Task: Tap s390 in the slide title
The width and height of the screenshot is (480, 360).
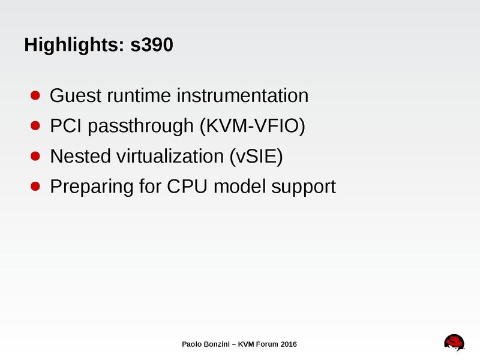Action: coord(152,45)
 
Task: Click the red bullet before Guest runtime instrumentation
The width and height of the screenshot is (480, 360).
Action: coord(35,95)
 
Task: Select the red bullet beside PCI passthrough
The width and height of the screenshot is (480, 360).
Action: coord(35,126)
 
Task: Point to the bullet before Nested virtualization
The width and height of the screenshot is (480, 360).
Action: coord(35,157)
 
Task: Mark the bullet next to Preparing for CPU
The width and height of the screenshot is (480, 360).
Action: coord(35,187)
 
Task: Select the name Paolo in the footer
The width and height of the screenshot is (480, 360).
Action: coord(192,344)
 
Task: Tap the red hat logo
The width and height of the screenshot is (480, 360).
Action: coord(454,341)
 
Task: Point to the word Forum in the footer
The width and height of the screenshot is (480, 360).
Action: coord(266,344)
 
